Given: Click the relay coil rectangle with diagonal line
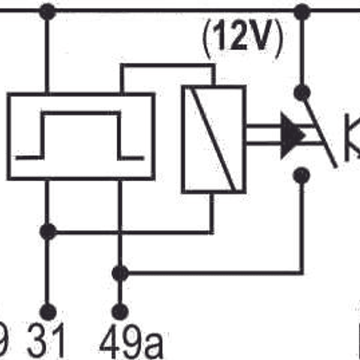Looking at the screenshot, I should click(x=213, y=139).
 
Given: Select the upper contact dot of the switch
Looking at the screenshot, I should click(x=301, y=93).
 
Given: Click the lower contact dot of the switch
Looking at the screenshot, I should click(x=301, y=175).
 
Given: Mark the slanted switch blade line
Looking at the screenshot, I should click(x=320, y=130).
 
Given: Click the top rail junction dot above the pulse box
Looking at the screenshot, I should click(x=47, y=11).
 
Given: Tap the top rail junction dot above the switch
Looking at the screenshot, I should click(x=301, y=11).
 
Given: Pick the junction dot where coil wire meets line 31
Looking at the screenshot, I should click(x=48, y=232).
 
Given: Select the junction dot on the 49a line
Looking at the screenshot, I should click(x=119, y=273).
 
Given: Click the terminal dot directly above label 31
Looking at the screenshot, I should click(x=48, y=312).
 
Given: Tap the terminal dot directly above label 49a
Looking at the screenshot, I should click(x=119, y=312).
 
